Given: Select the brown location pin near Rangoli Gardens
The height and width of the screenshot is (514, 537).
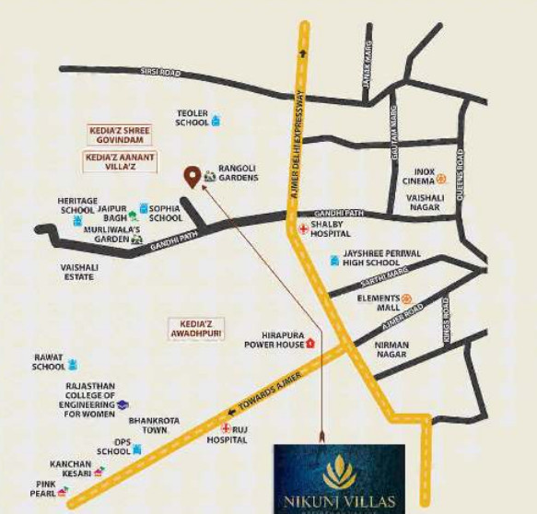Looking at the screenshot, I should coord(193,176).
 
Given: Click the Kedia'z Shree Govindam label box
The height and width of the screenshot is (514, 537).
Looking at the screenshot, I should coord(119,134).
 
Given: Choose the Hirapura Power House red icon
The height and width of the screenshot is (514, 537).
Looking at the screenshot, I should coord(310,342).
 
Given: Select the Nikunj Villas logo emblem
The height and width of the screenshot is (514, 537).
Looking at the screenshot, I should coord(339,472).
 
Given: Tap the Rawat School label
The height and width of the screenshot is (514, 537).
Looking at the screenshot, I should coord(49,363).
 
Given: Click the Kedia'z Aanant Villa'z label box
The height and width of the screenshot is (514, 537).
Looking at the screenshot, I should coord(120,162).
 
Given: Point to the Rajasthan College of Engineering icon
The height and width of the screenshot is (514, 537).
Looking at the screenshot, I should coord(123,403).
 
